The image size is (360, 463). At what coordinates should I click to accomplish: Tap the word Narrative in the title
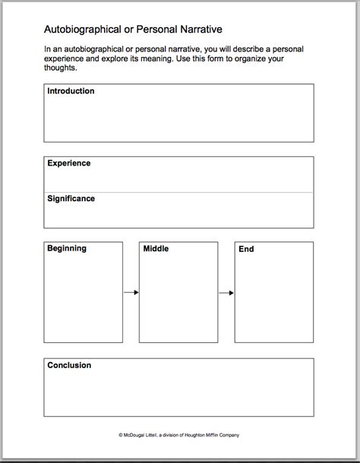(196, 31)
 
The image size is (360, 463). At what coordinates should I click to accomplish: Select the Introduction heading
(71, 91)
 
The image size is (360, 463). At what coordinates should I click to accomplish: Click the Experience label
(68, 163)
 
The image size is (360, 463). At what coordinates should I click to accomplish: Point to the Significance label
(71, 199)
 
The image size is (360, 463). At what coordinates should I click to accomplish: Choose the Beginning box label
(67, 248)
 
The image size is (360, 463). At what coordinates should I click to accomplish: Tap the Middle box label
(156, 249)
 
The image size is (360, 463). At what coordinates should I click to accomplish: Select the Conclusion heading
(69, 365)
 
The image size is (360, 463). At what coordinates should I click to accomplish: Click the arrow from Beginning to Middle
(131, 292)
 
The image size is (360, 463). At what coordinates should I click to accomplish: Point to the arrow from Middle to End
(226, 292)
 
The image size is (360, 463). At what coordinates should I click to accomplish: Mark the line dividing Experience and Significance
(178, 193)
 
